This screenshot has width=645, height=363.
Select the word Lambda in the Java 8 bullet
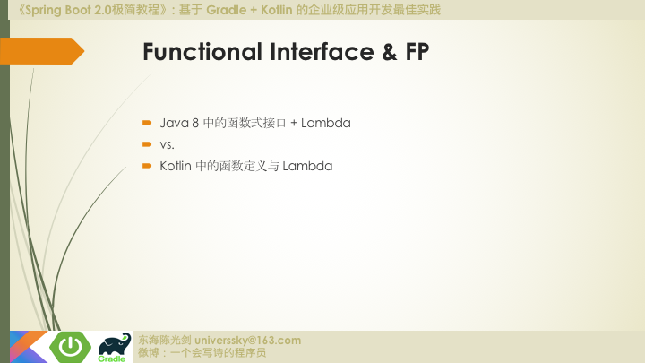(x=325, y=123)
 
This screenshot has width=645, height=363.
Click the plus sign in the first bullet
(x=293, y=123)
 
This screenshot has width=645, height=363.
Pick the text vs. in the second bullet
(x=167, y=144)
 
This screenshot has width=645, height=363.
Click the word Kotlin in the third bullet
(x=176, y=166)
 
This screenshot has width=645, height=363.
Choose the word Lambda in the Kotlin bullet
(x=307, y=166)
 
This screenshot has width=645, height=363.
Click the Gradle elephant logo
(x=113, y=346)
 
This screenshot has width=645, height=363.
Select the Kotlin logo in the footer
(x=27, y=347)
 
